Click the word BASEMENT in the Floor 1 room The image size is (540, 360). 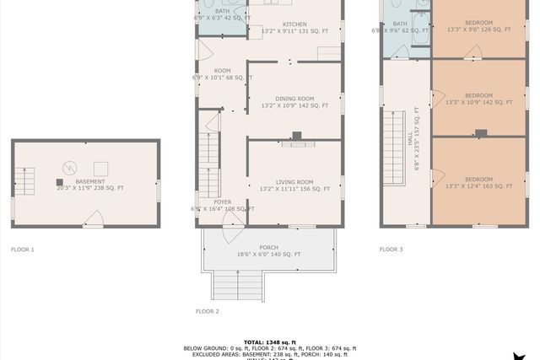[90, 181]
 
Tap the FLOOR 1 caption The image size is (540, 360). [23, 250]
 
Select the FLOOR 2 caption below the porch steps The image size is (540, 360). [208, 311]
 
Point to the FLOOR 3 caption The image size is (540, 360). [391, 250]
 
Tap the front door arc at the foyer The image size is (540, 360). [234, 218]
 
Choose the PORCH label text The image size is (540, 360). [268, 247]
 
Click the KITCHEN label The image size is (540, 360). [294, 24]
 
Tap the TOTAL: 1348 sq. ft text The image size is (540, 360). [269, 341]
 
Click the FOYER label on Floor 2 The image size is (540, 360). [222, 201]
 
